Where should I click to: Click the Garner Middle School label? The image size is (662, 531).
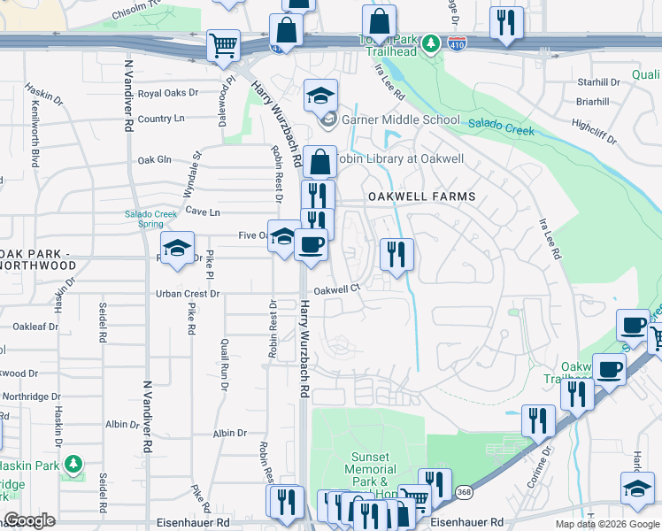click(400, 119)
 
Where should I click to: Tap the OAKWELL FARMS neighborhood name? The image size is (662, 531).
click(421, 196)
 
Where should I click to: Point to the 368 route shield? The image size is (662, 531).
click(463, 491)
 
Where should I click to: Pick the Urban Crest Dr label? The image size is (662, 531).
click(187, 293)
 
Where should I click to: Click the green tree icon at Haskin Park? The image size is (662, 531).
click(73, 463)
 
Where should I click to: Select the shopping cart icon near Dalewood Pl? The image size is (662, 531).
click(223, 46)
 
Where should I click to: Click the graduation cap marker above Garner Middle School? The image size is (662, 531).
click(320, 95)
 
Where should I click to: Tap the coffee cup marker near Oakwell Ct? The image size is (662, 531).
click(311, 245)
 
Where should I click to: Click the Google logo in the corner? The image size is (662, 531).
click(29, 520)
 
